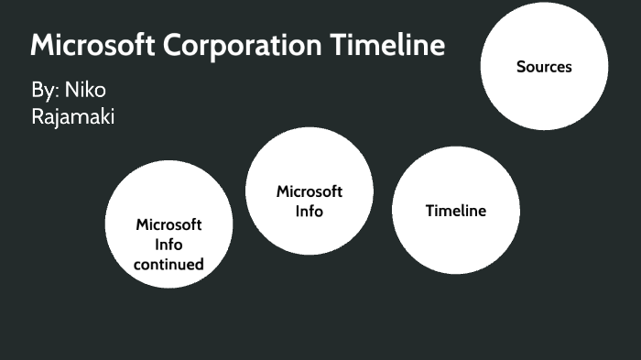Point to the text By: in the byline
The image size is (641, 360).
(x=44, y=92)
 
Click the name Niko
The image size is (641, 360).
(x=85, y=92)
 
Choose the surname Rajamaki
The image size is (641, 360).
(x=73, y=116)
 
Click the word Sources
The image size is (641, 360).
(x=544, y=66)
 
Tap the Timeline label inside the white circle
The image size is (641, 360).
(x=455, y=211)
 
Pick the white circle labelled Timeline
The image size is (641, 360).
(x=455, y=234)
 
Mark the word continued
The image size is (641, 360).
(x=168, y=265)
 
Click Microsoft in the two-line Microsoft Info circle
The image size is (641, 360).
(x=310, y=191)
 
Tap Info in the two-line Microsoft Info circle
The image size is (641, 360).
(x=310, y=212)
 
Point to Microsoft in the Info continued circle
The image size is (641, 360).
(x=168, y=224)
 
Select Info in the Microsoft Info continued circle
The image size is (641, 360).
(x=168, y=245)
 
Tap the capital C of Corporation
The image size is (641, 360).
(x=178, y=45)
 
